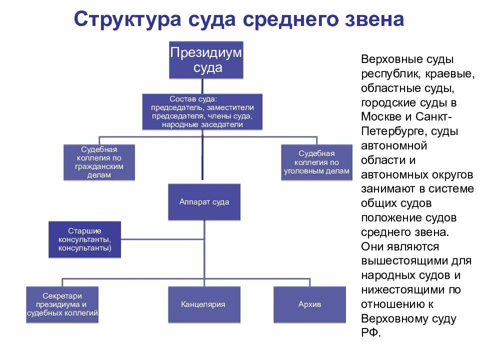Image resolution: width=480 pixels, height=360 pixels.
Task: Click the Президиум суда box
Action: click(x=206, y=60)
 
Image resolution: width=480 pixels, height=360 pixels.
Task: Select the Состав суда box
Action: click(x=202, y=112)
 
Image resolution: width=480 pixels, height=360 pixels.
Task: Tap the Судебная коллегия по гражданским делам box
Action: click(x=99, y=162)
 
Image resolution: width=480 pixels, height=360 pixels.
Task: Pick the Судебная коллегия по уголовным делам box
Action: click(x=316, y=162)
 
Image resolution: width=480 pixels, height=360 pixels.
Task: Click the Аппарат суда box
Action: click(x=204, y=202)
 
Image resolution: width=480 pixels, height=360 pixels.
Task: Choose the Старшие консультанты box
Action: click(x=84, y=239)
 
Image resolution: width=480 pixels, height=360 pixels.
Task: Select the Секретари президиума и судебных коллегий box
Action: click(x=62, y=304)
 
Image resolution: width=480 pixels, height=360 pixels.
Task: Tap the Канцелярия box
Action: click(x=203, y=304)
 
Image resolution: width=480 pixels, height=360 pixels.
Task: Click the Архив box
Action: click(x=309, y=304)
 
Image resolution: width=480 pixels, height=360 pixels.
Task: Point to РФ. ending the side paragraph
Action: click(x=370, y=333)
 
